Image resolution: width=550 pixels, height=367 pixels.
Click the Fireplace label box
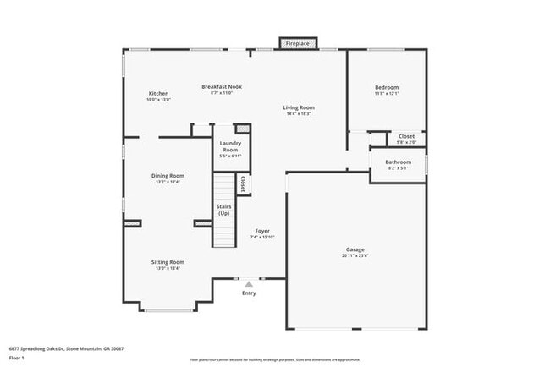click(x=298, y=43)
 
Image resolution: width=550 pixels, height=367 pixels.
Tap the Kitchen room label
click(x=159, y=93)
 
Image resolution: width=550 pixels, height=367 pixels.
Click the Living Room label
click(x=299, y=107)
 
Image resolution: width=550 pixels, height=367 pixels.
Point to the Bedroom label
click(x=387, y=87)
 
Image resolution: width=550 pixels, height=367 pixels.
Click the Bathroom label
click(x=398, y=162)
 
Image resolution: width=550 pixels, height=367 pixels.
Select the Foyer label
click(x=263, y=231)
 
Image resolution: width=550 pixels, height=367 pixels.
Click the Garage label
click(x=355, y=250)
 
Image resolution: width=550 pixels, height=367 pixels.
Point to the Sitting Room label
click(x=168, y=262)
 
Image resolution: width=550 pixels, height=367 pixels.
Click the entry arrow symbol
click(x=249, y=284)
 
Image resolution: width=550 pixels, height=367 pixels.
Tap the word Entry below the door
click(x=249, y=293)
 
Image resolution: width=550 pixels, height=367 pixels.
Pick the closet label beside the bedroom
click(x=406, y=136)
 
